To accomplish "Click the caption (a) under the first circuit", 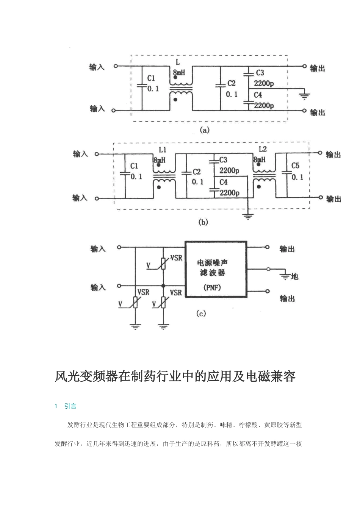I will (x=204, y=130).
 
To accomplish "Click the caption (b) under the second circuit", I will (x=203, y=223).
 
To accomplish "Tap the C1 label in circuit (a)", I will (x=151, y=78).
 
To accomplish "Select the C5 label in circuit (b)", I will (x=296, y=166).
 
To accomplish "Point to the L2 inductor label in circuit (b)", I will (x=263, y=150).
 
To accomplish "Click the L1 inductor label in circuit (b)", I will (x=162, y=150).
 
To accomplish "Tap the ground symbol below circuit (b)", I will (x=248, y=217).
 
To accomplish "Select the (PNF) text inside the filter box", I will (x=212, y=287).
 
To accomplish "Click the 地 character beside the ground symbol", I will (x=295, y=276).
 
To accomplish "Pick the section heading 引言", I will (x=70, y=406).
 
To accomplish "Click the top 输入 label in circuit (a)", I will (x=97, y=67).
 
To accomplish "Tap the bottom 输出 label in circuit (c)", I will (x=287, y=299).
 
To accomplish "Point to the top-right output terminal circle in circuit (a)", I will (x=304, y=66).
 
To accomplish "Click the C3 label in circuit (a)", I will (x=260, y=73).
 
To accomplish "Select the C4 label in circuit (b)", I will (x=224, y=182).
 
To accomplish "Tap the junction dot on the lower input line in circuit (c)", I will (x=163, y=286).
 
